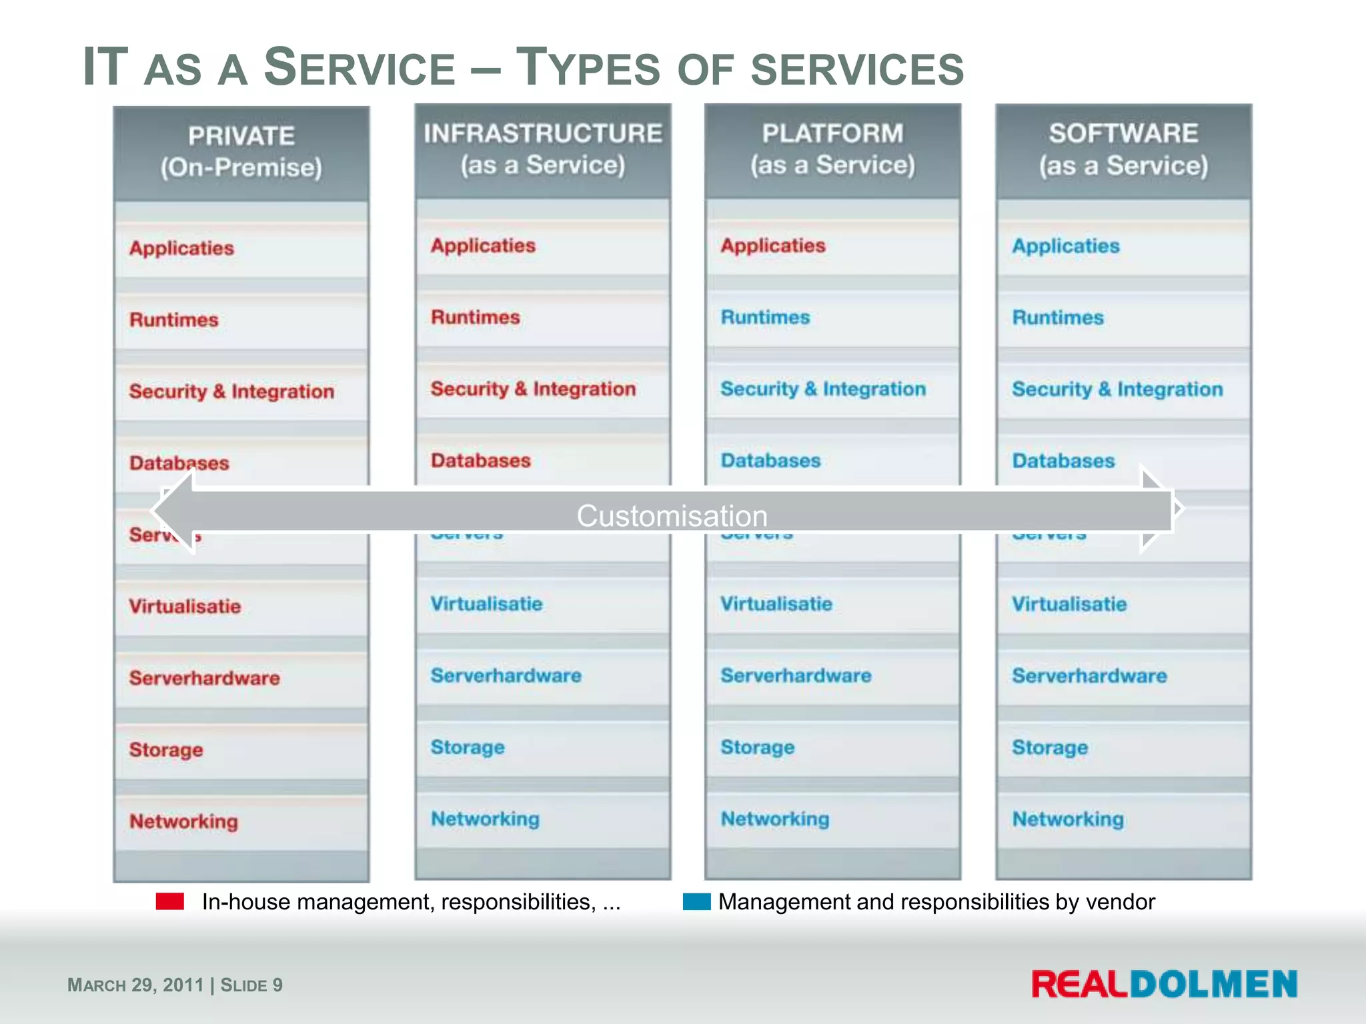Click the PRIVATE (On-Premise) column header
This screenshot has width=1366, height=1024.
(x=241, y=152)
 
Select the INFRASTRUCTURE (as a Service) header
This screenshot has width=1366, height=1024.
(x=543, y=149)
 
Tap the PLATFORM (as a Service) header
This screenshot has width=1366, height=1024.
(x=832, y=149)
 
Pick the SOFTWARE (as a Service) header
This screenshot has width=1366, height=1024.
(x=1123, y=150)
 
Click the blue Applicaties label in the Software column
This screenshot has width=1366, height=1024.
(x=1065, y=246)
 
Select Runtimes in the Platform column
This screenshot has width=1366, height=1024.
(x=765, y=317)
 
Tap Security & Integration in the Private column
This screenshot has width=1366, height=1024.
(x=231, y=391)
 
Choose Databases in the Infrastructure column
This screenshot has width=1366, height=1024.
(x=480, y=461)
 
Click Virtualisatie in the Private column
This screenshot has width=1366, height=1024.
(x=185, y=607)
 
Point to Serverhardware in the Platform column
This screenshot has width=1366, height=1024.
(x=796, y=676)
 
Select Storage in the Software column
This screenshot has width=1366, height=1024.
(x=1049, y=748)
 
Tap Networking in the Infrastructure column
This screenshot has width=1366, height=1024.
(x=485, y=819)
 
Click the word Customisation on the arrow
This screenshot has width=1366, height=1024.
(x=672, y=516)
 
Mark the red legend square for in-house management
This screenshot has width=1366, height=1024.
(x=169, y=901)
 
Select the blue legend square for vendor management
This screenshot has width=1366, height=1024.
(x=696, y=901)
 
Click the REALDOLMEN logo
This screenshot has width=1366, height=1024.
(x=1164, y=985)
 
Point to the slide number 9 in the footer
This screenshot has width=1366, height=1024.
(x=277, y=985)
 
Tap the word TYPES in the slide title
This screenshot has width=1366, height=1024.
(x=588, y=68)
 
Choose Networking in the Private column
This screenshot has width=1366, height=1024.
(x=183, y=822)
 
